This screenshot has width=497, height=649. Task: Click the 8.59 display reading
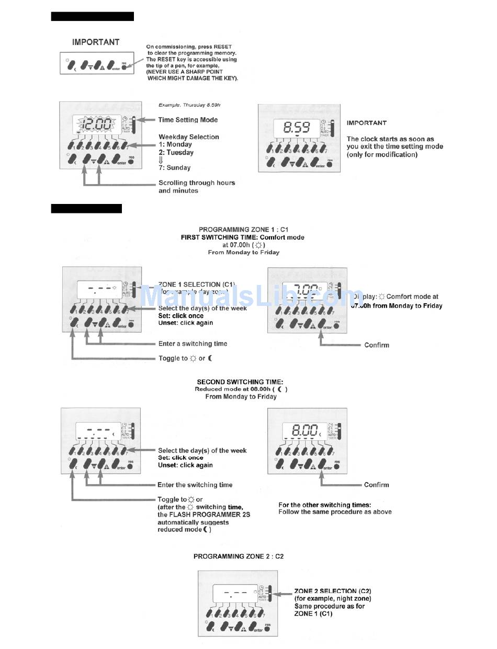296,127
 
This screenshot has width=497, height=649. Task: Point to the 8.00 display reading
304,430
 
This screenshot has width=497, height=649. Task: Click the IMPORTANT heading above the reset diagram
96,42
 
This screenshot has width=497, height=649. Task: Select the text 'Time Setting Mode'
188,120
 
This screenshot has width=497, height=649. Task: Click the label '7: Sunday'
174,168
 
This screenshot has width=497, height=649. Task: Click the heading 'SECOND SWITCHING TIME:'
240,382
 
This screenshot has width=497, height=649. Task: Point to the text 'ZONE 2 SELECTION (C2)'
333,591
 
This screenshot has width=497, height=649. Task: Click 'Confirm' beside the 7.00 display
377,345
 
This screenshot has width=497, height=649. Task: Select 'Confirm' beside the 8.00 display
377,485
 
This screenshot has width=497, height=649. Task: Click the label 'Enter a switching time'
193,344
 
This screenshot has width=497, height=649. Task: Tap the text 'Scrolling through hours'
197,183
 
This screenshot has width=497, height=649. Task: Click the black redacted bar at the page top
93,16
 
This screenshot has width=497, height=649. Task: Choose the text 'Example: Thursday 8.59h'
189,105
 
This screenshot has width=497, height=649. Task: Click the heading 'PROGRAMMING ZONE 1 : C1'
243,230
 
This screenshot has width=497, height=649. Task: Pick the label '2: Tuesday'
176,153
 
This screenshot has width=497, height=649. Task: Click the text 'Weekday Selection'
188,137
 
